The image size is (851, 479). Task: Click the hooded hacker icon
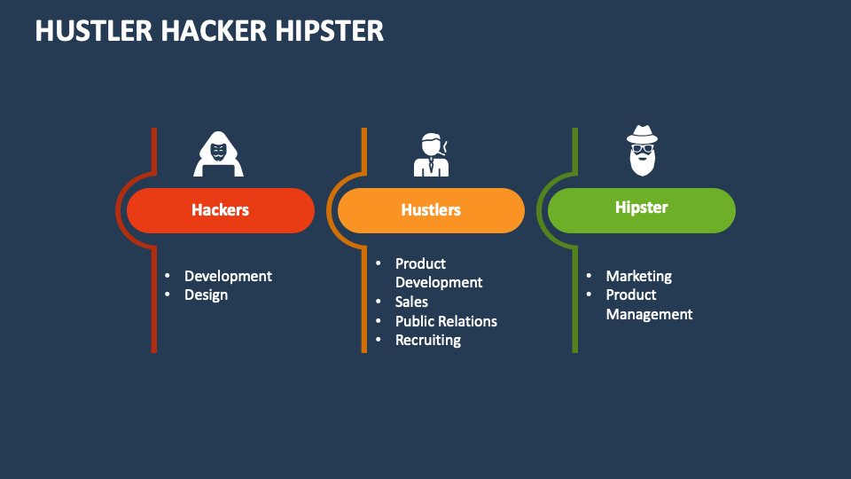[218, 154]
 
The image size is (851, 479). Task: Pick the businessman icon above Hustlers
[432, 154]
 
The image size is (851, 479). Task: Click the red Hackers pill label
[220, 210]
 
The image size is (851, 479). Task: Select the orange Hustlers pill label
[431, 210]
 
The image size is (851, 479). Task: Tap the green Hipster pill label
[641, 208]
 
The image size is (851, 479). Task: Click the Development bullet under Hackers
[228, 276]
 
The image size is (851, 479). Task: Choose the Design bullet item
[206, 294]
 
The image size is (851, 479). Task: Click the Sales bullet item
[411, 302]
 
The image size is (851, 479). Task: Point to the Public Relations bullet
[446, 321]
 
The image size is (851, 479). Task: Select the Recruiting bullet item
[428, 340]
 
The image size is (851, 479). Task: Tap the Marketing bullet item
[638, 276]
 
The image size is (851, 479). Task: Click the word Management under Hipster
[649, 314]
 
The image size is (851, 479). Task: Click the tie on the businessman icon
[432, 165]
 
